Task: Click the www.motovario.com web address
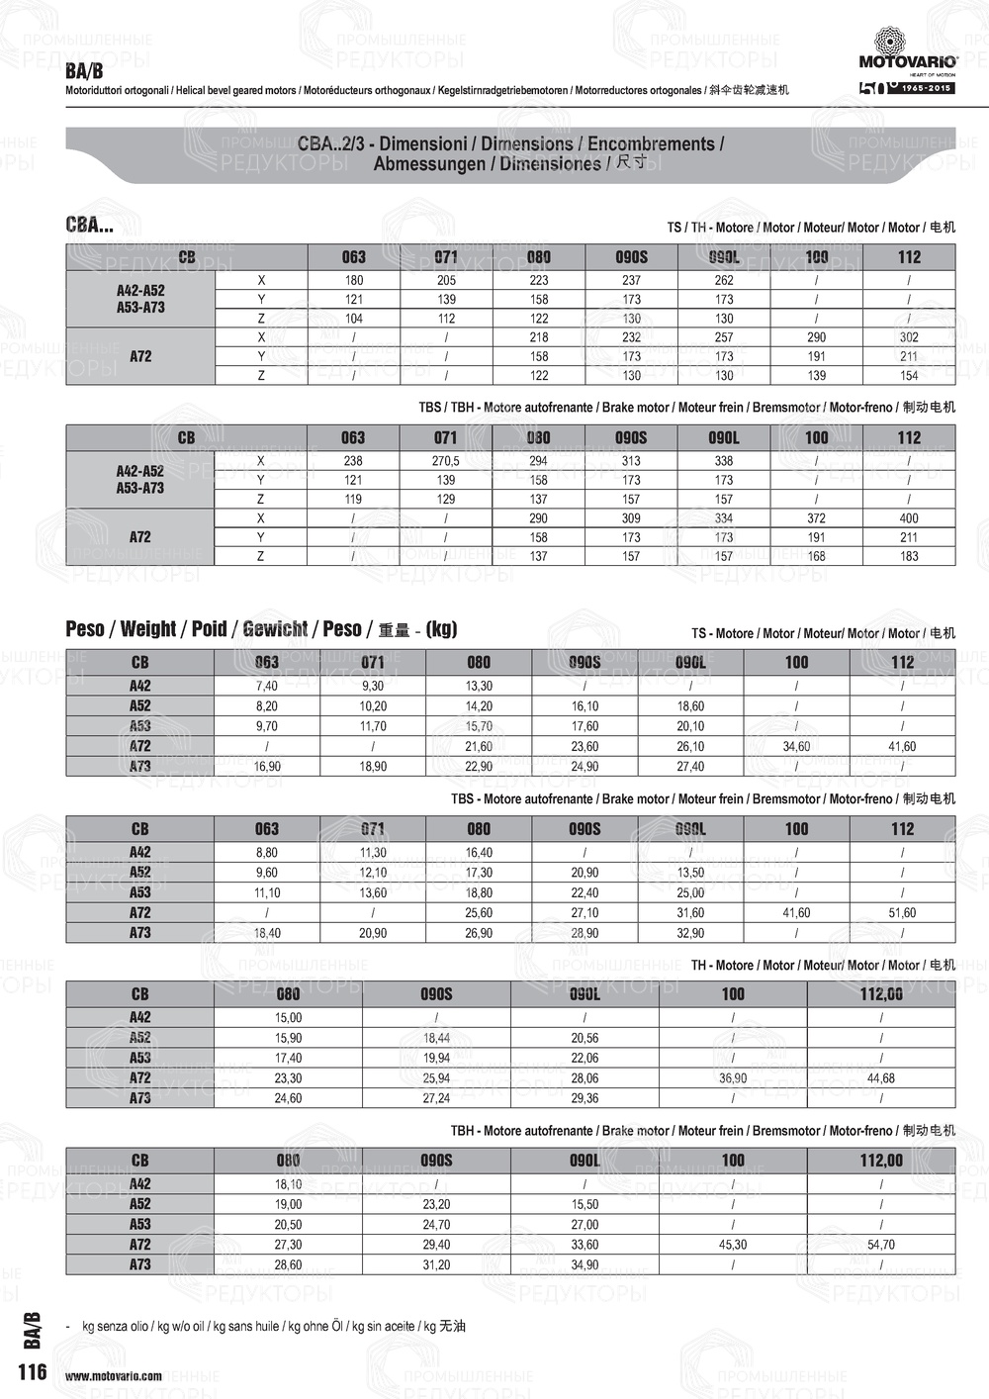point(114,1376)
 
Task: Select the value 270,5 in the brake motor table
point(446,461)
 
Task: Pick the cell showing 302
point(909,337)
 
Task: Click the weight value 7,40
point(267,686)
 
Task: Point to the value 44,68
point(880,1078)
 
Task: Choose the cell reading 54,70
point(880,1245)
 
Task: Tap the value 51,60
point(902,913)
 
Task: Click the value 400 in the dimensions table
point(909,518)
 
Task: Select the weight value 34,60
point(796,747)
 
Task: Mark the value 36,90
point(733,1078)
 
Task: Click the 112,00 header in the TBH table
point(880,1161)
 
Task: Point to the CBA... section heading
point(90,226)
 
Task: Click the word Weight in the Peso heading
point(148,629)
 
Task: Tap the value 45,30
point(733,1245)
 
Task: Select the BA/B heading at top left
point(84,71)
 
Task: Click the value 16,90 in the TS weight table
point(267,767)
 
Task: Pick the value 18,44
point(436,1038)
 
